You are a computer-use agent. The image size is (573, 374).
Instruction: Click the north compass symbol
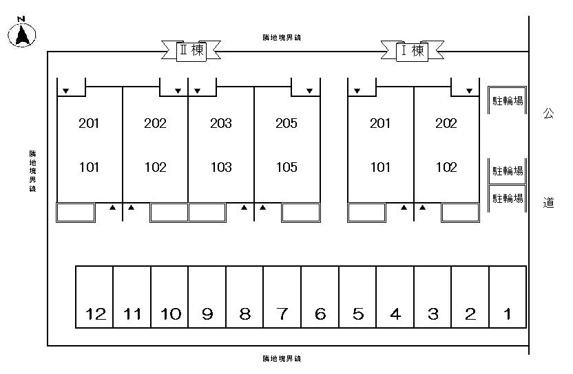23,33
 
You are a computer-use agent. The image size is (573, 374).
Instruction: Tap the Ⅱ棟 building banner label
191,50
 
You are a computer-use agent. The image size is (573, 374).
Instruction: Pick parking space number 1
507,297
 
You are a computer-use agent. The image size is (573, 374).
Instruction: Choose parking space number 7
282,297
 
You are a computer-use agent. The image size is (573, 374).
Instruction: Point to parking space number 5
357,297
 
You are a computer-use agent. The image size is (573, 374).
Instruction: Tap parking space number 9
207,297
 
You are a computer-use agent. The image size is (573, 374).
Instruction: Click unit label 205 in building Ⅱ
286,124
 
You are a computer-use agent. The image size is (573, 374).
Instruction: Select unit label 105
286,167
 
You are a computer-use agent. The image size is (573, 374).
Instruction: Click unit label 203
220,124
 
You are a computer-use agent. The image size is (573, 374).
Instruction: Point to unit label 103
220,167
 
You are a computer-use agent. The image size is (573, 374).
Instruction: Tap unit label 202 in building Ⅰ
446,124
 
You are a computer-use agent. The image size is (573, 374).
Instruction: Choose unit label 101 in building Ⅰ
380,167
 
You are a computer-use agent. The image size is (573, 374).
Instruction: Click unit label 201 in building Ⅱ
89,124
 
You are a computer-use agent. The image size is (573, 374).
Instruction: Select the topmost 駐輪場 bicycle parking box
508,100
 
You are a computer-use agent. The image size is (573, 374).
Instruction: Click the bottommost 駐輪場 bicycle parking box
508,199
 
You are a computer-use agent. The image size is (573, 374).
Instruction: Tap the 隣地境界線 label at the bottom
282,358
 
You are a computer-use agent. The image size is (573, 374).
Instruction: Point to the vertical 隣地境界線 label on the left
32,171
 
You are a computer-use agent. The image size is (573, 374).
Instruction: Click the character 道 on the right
548,203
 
